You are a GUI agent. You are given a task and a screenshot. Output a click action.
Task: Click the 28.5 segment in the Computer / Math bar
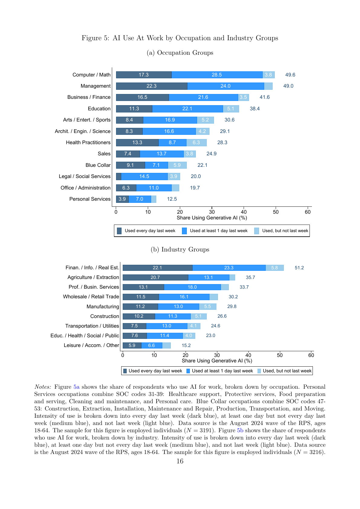pos(217,75)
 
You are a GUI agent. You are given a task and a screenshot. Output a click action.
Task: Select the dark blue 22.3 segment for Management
pos(152,86)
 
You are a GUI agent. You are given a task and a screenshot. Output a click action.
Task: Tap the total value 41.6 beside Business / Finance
pos(264,97)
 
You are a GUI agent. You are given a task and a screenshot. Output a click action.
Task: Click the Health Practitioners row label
pos(88,142)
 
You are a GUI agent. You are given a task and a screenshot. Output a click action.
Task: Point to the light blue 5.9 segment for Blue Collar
pos(177,165)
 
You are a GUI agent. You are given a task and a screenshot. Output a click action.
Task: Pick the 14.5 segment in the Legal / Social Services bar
pos(144,176)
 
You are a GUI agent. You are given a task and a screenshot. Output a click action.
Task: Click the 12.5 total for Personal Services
pos(172,199)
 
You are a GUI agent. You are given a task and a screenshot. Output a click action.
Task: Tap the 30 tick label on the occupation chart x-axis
pos(212,212)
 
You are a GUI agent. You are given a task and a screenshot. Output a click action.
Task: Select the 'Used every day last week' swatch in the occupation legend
pos(119,231)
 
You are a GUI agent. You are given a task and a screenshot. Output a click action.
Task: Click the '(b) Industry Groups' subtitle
pos(180,249)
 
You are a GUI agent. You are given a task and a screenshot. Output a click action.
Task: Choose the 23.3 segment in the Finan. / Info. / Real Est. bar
pos(229,268)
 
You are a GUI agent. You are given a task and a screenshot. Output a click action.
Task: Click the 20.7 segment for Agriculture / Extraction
pos(155,277)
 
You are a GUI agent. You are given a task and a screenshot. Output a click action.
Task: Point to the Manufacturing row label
pos(103,306)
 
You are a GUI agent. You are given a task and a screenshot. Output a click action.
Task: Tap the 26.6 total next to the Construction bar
pos(222,316)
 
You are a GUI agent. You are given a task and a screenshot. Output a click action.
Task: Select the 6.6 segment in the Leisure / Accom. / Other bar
pos(152,345)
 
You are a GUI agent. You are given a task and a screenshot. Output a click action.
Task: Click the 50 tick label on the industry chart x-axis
pos(280,355)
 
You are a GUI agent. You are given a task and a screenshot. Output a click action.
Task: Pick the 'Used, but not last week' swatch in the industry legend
pos(259,371)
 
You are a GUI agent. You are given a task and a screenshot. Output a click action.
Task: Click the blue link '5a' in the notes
pos(76,387)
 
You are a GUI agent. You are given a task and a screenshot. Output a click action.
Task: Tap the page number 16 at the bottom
pos(180,461)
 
